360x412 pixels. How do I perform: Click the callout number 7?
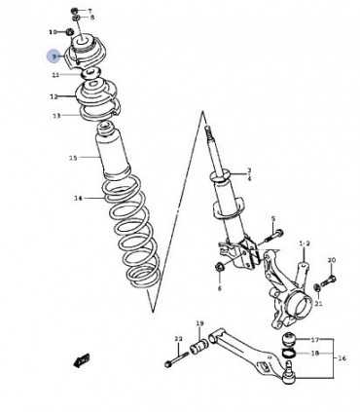(92, 10)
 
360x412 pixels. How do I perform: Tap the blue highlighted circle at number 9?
(54, 57)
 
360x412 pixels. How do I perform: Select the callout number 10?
(54, 32)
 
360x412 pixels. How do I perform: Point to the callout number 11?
(55, 74)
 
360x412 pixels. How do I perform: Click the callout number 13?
(56, 115)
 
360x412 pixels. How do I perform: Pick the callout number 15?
(72, 158)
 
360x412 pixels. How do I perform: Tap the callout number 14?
(79, 199)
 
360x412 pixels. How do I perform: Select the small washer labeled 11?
(90, 74)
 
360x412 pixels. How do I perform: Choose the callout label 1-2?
(304, 243)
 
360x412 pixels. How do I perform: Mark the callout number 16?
(342, 358)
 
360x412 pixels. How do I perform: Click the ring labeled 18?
(291, 354)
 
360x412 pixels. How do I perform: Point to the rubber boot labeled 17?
(290, 339)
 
